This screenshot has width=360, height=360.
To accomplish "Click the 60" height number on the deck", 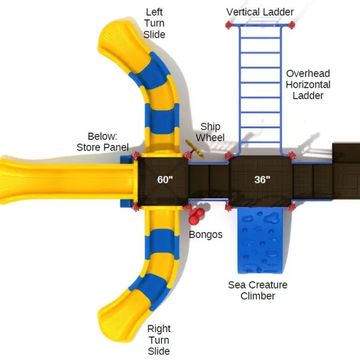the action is pyautogui.click(x=165, y=180).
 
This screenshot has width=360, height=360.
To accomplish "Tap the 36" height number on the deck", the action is pyautogui.click(x=262, y=180).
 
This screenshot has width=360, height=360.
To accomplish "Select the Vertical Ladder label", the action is pyautogui.click(x=260, y=12).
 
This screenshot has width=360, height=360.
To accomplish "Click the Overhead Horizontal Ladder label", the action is pyautogui.click(x=308, y=85).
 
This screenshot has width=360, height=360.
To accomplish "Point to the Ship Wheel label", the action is pyautogui.click(x=210, y=132).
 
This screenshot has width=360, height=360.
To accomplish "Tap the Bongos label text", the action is pyautogui.click(x=206, y=235).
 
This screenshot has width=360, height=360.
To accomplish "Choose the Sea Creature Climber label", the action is pyautogui.click(x=258, y=290).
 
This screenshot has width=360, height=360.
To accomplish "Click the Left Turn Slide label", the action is pyautogui.click(x=154, y=23).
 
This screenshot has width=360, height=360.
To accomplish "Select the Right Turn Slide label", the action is pyautogui.click(x=159, y=340).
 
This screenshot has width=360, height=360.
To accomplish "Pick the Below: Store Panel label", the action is pyautogui.click(x=103, y=142).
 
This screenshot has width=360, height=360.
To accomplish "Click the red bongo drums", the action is pyautogui.click(x=196, y=216).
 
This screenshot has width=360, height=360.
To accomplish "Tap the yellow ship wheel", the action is pyautogui.click(x=195, y=149).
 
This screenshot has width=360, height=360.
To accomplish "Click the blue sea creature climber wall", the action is pyautogui.click(x=260, y=241).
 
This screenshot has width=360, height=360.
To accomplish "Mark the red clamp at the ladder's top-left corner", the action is pyautogui.click(x=229, y=25).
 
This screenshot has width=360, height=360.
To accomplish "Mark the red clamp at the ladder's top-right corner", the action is pyautogui.click(x=292, y=25).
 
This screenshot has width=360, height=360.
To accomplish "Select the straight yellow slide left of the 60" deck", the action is pyautogui.click(x=67, y=181).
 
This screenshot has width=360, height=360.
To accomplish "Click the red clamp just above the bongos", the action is pyautogui.click(x=188, y=208).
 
